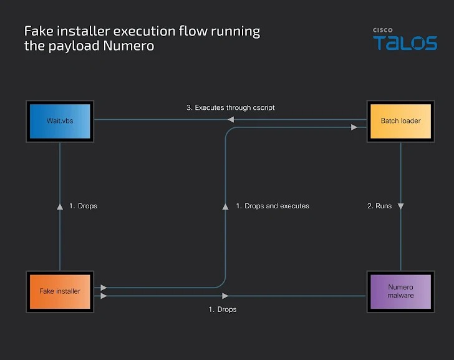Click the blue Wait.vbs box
tap(60, 120)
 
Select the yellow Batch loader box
tap(400, 120)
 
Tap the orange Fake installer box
tap(60, 291)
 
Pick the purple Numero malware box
tap(400, 291)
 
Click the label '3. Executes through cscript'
tap(231, 108)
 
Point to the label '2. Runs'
tap(379, 206)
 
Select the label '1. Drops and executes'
tap(273, 206)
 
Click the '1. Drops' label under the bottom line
tap(222, 309)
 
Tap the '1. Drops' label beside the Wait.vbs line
tap(83, 206)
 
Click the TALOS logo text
tap(405, 43)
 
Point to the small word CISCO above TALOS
tap(382, 30)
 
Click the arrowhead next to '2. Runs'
tap(400, 206)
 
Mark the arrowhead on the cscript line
tap(230, 120)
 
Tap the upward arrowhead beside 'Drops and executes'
tap(226, 205)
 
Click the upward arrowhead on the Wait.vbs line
tap(60, 205)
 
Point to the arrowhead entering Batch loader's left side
tap(354, 127)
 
